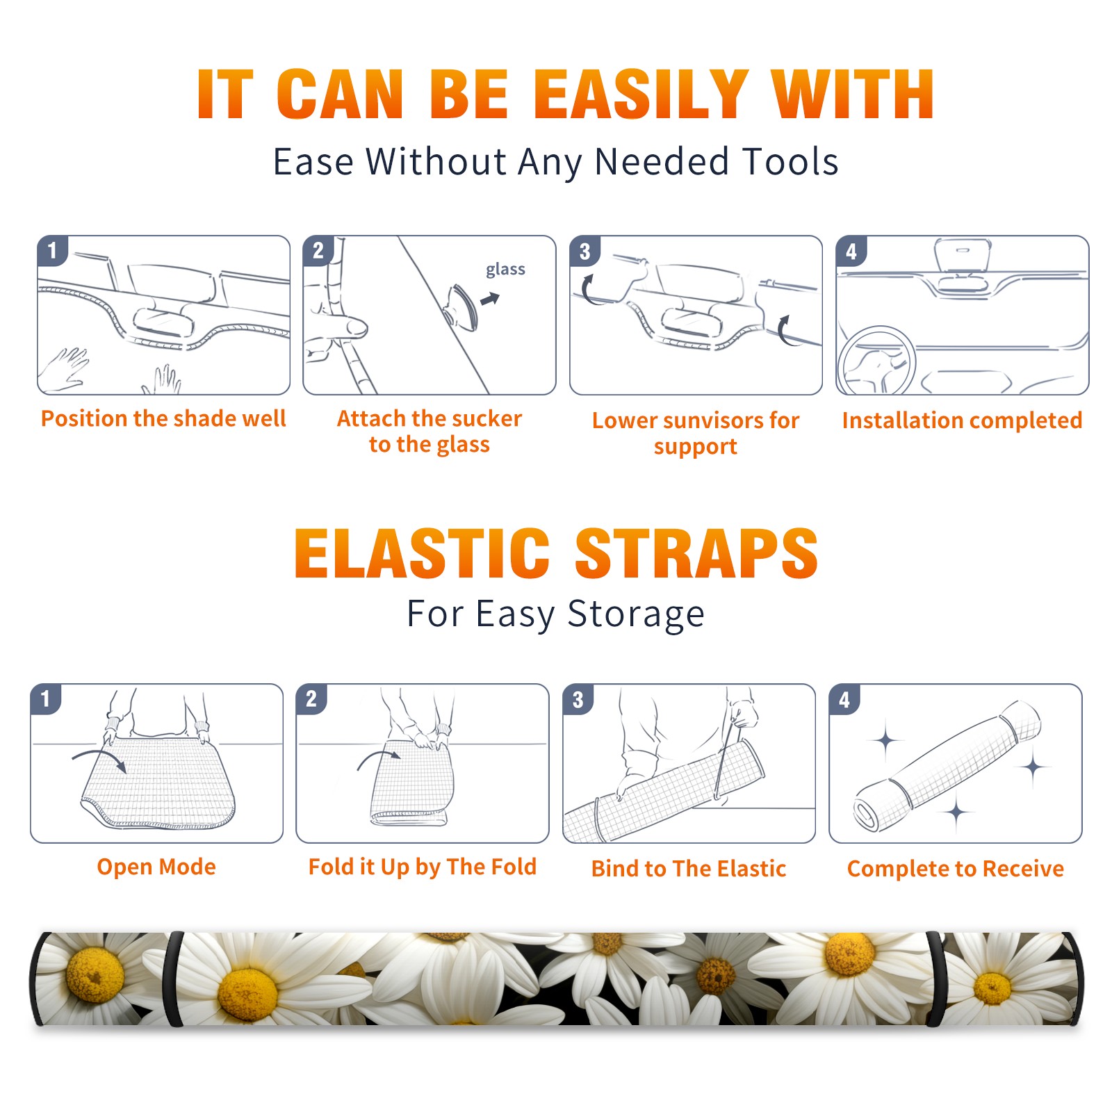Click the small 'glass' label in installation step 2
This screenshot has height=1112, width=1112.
[505, 270]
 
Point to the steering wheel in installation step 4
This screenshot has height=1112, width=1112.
[877, 361]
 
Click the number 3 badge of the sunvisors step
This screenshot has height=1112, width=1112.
[584, 252]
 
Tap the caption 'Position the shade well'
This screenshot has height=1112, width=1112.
[163, 418]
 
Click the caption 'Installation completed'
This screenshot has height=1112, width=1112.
[962, 420]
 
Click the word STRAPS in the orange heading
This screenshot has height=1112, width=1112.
[696, 553]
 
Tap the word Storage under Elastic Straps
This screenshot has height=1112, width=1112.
[636, 614]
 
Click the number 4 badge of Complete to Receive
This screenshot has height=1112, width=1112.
[844, 700]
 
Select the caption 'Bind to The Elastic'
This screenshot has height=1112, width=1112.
[689, 869]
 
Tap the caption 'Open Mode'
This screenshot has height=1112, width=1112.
[156, 867]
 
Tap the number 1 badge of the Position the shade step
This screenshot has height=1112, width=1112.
[52, 250]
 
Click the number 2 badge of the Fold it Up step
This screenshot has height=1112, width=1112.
[311, 698]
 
